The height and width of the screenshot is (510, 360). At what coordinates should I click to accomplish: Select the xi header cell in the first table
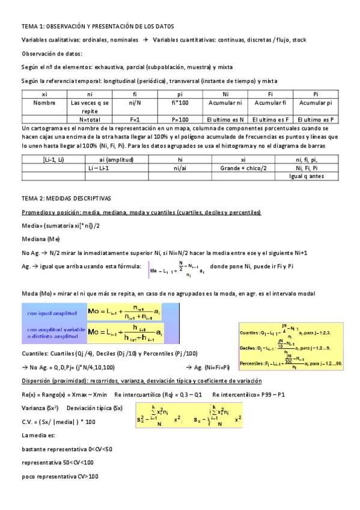click(44, 94)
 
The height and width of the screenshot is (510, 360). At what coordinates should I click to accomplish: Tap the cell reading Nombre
click(44, 103)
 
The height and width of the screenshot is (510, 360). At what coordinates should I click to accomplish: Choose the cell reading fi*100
click(180, 103)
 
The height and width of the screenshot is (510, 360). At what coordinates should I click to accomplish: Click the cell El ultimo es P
click(315, 120)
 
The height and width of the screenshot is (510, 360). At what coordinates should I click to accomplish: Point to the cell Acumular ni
click(225, 103)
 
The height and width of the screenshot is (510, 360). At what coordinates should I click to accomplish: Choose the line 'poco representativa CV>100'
click(60, 476)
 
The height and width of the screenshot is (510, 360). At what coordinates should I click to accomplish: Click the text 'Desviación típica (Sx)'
click(95, 408)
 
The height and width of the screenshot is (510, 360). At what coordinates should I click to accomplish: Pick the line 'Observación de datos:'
click(52, 54)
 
